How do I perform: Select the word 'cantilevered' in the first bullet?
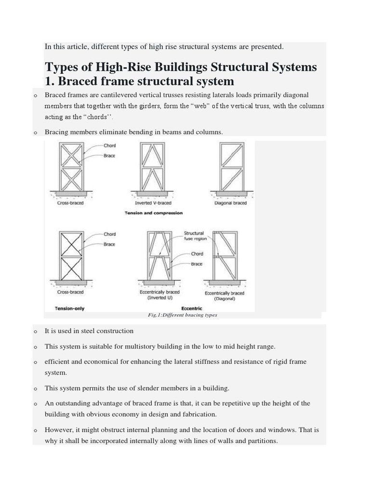[127, 95]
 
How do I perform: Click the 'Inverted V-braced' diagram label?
[153, 203]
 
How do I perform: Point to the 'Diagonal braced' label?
[230, 203]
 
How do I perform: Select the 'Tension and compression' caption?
[153, 212]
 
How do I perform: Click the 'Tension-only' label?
[70, 308]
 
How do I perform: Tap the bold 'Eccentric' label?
[192, 308]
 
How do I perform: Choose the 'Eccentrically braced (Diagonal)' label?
[225, 296]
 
